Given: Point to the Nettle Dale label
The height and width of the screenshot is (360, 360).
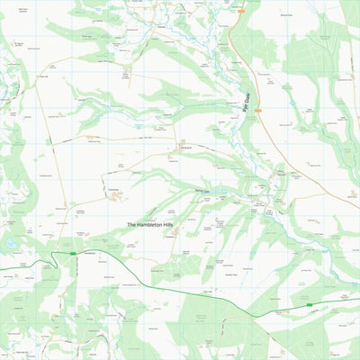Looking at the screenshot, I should pos(202,192).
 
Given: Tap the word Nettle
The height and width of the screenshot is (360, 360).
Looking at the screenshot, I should pos(198,192).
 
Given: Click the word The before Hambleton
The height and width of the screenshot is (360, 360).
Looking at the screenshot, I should pos(131,224).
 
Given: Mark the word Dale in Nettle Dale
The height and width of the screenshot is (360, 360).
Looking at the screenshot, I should pos(208,192).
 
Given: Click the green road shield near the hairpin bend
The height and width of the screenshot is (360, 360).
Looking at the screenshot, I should pos(74,255).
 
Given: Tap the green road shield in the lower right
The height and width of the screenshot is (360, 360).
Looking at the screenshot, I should pos(309,305).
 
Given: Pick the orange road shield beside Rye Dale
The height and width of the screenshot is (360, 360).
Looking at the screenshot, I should pos(257,111).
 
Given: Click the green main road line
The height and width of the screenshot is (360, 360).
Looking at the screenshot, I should pos(180,274).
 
